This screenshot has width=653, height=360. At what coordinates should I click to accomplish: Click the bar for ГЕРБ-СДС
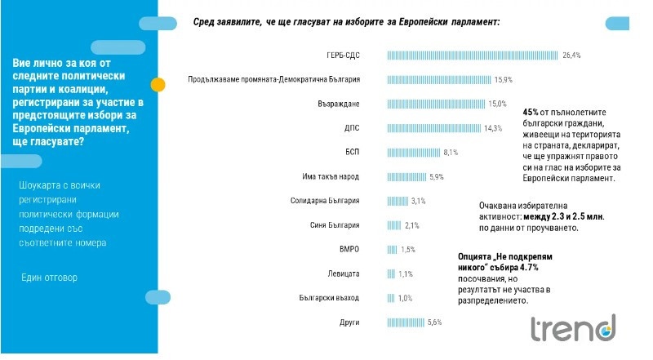pos(472,56)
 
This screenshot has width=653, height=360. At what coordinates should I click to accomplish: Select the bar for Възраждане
pos(436,104)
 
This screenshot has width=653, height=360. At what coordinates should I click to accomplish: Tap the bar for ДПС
pos(433,128)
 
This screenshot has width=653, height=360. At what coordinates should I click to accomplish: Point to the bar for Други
pos(406,322)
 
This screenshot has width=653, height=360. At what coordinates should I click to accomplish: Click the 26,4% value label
pos(571,56)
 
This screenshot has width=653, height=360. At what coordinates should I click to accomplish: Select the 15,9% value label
pos(504,80)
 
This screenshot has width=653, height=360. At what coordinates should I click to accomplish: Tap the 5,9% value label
pos(436,176)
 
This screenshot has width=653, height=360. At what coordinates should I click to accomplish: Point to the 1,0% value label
pos(405,298)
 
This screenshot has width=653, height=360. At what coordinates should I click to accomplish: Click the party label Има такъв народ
pos(331,176)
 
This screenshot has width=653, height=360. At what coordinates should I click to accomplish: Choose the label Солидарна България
pos(325,201)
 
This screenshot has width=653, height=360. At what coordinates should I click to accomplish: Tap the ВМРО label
pos(349,249)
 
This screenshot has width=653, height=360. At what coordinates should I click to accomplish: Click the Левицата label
pos(343,273)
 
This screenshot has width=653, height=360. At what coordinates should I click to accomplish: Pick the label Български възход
pos(330,298)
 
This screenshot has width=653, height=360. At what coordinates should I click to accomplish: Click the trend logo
pos(572,328)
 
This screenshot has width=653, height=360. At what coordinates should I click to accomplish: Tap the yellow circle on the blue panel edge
pos(158,83)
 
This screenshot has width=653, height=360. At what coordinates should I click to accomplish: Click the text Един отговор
pos(50,278)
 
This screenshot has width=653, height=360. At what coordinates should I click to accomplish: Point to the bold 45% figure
pos(531,111)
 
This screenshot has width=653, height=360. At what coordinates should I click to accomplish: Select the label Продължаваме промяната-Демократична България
pos(273,80)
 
